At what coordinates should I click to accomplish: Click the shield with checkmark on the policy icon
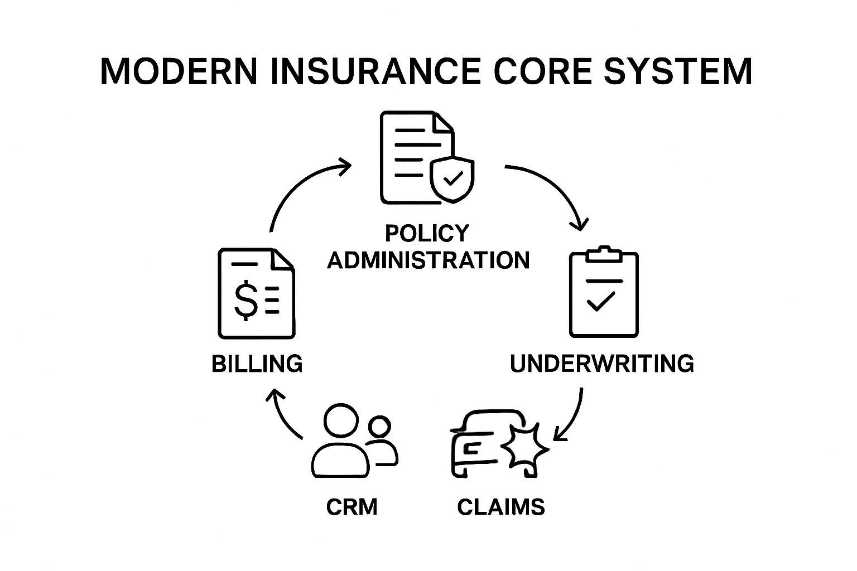[x=452, y=178]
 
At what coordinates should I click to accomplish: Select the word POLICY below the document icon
[x=427, y=233]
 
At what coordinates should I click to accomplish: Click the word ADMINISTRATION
[x=428, y=260]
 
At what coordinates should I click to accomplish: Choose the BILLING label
[x=257, y=364]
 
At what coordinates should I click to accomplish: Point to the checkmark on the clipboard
[x=601, y=302]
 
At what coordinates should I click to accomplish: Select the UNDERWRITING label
[x=602, y=364]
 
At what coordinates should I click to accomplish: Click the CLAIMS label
[x=501, y=507]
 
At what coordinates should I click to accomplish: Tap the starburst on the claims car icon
[x=525, y=447]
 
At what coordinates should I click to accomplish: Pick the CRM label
[x=352, y=507]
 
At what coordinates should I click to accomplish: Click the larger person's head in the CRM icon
[x=341, y=422]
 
